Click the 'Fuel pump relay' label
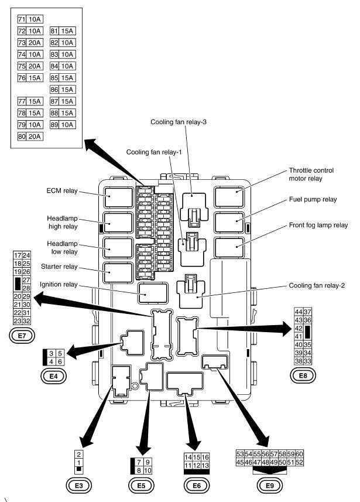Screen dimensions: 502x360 click(313, 199)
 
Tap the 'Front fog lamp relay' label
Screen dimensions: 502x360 click(318, 225)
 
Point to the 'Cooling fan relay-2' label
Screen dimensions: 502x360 click(318, 286)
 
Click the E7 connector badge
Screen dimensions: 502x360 click(22, 336)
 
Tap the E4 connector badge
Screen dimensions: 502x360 click(53, 375)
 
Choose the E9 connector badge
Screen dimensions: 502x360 click(269, 484)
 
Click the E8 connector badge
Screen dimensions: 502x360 click(303, 375)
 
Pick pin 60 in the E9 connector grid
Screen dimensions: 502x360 click(299, 454)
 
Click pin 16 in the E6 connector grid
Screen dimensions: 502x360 click(205, 457)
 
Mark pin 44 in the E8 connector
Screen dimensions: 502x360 click(299, 311)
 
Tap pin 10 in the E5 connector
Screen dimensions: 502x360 click(148, 470)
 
